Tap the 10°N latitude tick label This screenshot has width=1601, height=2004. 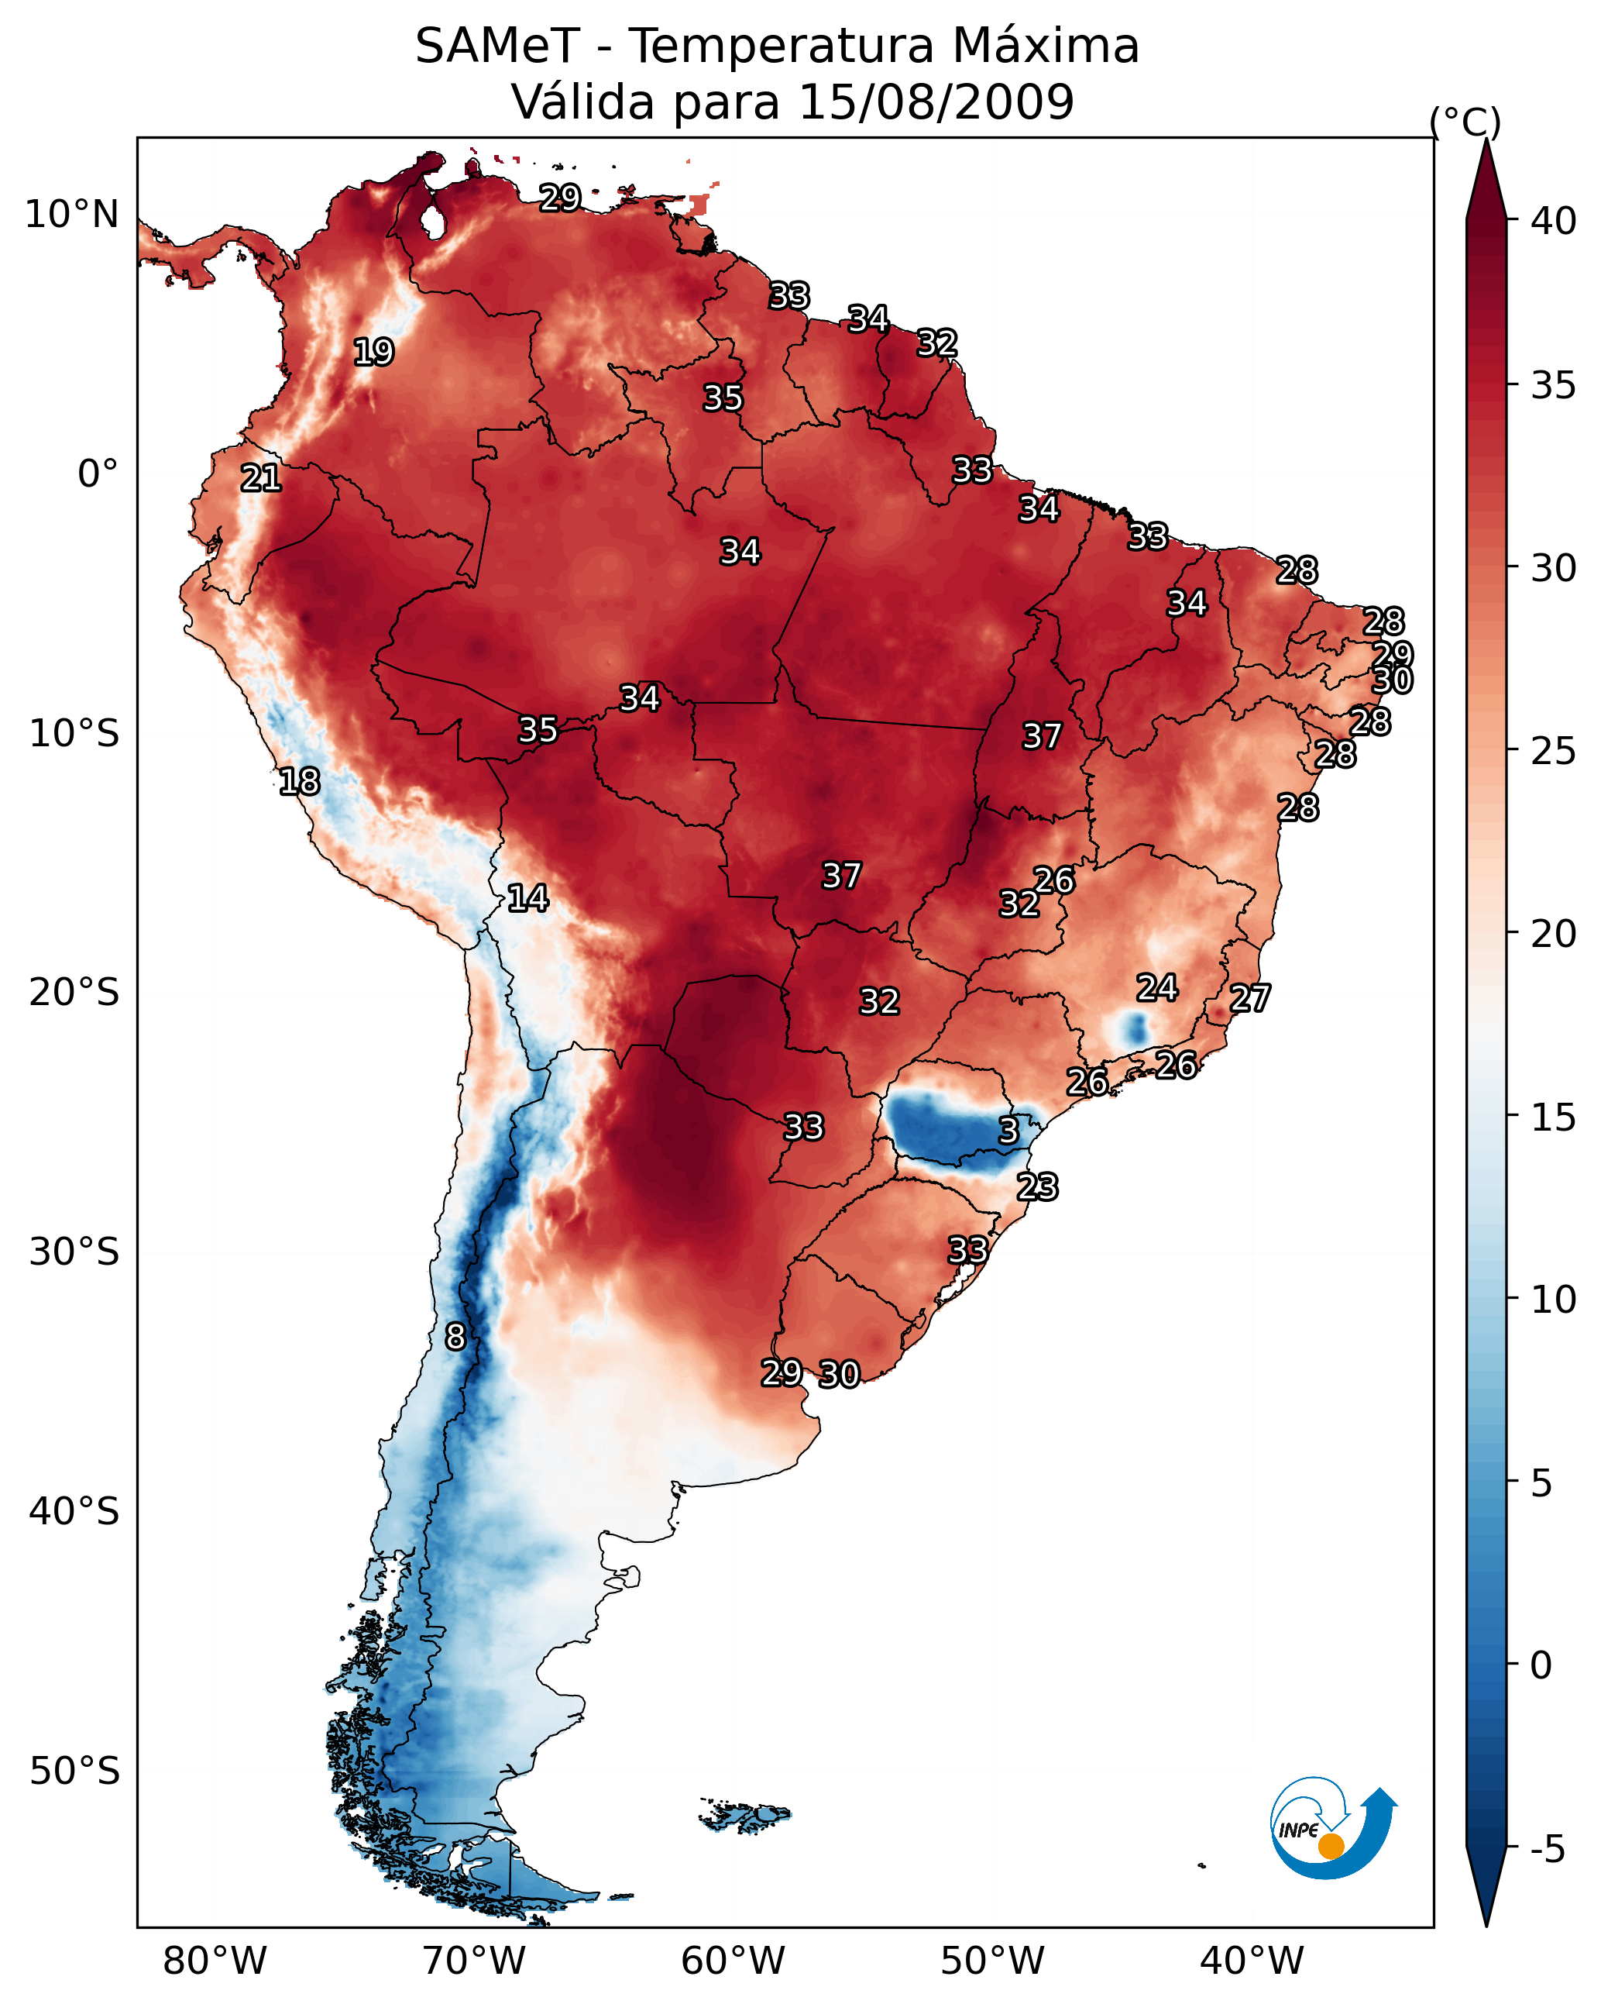71,215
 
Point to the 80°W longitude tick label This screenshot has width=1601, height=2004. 215,1961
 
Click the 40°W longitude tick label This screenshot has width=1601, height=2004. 1252,1961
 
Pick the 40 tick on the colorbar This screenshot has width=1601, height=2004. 1554,221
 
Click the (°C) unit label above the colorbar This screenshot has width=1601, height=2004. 1465,122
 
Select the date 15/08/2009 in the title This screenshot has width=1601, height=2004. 936,102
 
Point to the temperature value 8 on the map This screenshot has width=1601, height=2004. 455,1337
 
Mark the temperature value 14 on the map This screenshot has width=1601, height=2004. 527,898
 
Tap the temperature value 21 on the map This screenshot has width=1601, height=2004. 260,478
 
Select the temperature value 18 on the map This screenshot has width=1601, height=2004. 299,782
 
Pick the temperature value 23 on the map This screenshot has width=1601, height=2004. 1037,1187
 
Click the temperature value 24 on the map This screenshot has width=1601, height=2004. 1157,988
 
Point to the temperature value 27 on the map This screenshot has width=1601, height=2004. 1250,998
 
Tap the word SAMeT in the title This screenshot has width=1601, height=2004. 497,46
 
